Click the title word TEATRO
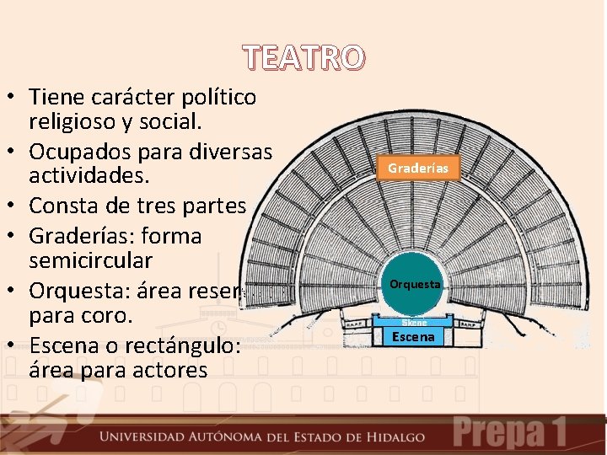[304, 58]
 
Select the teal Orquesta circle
[414, 285]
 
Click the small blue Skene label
[414, 322]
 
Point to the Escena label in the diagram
[414, 337]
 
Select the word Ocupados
[83, 152]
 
